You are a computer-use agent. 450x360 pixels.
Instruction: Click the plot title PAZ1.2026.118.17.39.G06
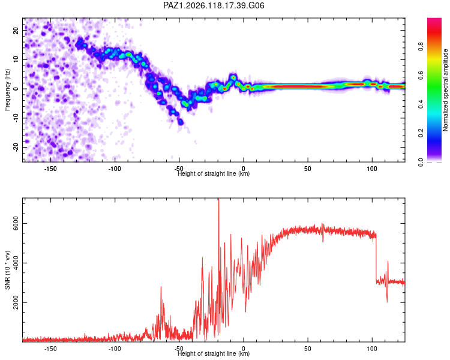pyautogui.click(x=214, y=5)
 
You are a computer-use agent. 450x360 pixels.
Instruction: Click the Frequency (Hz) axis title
pyautogui.click(x=7, y=90)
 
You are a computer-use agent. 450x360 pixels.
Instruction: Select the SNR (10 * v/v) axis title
pyautogui.click(x=7, y=270)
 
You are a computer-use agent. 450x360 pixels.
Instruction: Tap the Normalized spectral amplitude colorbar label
pyautogui.click(x=445, y=90)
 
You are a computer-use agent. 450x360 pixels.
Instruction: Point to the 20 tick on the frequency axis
pyautogui.click(x=16, y=30)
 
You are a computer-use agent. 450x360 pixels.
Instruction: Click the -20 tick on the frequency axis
pyautogui.click(x=16, y=147)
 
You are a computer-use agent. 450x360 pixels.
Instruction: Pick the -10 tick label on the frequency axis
pyautogui.click(x=16, y=118)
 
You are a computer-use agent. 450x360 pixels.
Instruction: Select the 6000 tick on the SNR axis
pyautogui.click(x=16, y=223)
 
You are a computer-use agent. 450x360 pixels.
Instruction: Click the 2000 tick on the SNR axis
pyautogui.click(x=16, y=302)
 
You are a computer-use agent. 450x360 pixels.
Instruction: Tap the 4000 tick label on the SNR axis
pyautogui.click(x=16, y=263)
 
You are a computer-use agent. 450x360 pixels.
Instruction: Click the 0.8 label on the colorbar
pyautogui.click(x=421, y=47)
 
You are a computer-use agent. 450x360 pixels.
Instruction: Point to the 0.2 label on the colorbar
pyautogui.click(x=421, y=133)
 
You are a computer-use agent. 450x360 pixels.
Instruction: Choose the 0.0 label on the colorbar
pyautogui.click(x=421, y=162)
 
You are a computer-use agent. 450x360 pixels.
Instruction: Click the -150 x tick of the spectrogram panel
pyautogui.click(x=50, y=169)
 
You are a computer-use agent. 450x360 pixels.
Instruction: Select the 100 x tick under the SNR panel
pyautogui.click(x=372, y=349)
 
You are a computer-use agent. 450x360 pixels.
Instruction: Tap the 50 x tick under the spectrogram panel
pyautogui.click(x=308, y=169)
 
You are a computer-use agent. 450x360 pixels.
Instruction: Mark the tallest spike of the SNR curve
pyautogui.click(x=218, y=199)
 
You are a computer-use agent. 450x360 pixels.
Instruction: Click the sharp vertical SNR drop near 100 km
pyautogui.click(x=376, y=259)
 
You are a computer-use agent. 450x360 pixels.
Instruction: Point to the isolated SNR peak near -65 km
pyautogui.click(x=161, y=287)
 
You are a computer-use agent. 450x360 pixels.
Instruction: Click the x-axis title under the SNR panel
pyautogui.click(x=214, y=353)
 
